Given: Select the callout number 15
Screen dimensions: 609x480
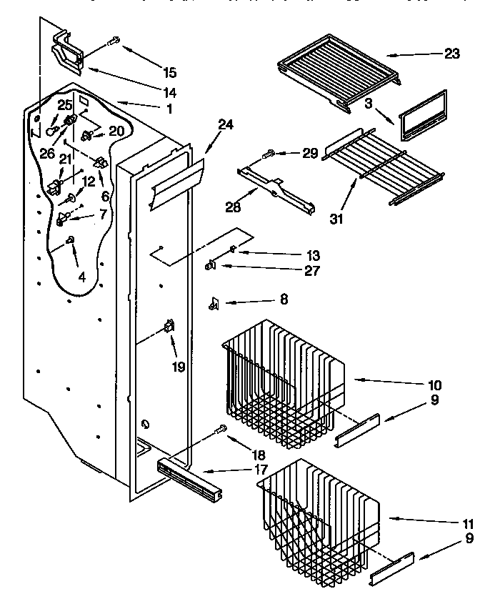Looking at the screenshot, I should pos(169,71).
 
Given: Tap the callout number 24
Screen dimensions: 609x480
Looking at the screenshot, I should pos(226,125).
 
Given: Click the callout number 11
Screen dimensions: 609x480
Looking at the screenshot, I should pos(469,523).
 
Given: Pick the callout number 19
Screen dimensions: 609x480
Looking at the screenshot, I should pos(178,367).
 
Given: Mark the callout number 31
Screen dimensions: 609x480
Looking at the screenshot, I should pos(336,219).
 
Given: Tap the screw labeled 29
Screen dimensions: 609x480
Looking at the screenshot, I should pos(272,153).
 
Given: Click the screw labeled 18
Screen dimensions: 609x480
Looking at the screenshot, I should pos(221,430).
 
